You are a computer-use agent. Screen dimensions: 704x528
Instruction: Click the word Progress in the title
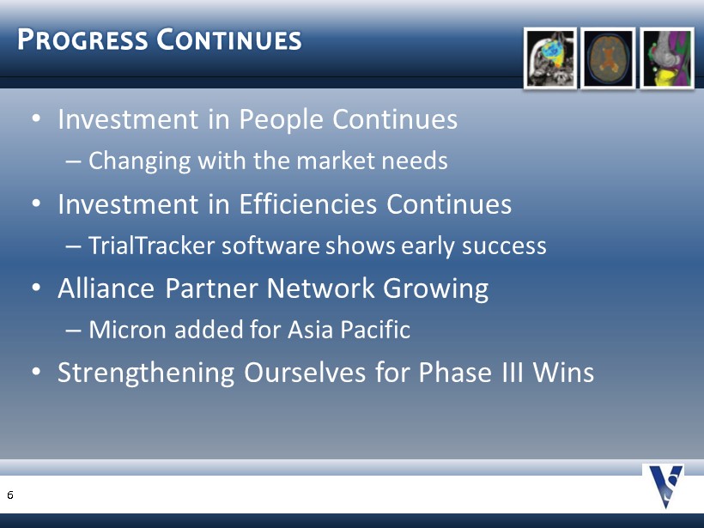pyautogui.click(x=82, y=39)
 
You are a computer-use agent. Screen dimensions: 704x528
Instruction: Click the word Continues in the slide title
pyautogui.click(x=229, y=39)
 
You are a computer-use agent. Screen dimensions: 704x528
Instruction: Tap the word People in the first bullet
pyautogui.click(x=281, y=119)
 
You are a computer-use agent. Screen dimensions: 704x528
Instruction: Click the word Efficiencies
pyautogui.click(x=307, y=204)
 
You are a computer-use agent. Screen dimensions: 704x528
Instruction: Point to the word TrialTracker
pyautogui.click(x=152, y=246)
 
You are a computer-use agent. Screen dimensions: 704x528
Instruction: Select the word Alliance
pyautogui.click(x=106, y=288)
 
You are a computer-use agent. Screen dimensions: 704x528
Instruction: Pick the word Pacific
pyautogui.click(x=375, y=329)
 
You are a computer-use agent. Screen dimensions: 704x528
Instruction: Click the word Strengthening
pyautogui.click(x=146, y=373)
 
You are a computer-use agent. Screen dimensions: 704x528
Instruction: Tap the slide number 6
pyautogui.click(x=10, y=495)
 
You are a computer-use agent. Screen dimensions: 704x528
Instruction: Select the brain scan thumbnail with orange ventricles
pyautogui.click(x=608, y=58)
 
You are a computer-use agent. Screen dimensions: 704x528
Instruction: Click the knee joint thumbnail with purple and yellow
pyautogui.click(x=667, y=58)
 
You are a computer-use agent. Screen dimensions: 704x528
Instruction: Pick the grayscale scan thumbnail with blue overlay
pyautogui.click(x=550, y=58)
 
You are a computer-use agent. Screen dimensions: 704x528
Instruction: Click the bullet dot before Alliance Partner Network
pyautogui.click(x=36, y=288)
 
